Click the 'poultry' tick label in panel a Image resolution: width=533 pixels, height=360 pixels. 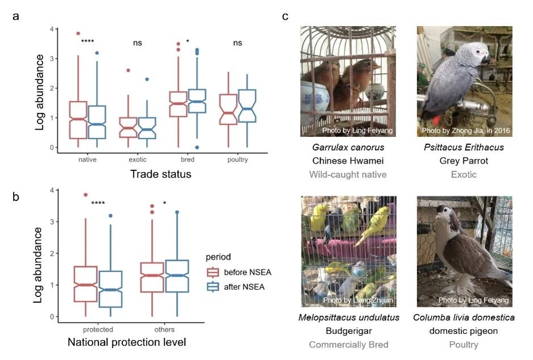(237, 160)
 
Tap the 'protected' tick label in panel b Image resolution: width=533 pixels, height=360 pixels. (97, 329)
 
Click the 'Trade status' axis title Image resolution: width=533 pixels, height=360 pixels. (160, 174)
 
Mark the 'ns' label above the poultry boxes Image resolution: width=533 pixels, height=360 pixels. (237, 43)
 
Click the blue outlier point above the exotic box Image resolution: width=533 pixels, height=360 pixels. (147, 79)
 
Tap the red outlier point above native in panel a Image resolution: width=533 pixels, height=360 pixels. (78, 34)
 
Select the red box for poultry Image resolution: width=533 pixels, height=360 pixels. (228, 109)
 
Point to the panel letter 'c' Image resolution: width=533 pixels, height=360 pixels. (285, 16)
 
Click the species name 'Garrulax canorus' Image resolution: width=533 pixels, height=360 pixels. (348, 148)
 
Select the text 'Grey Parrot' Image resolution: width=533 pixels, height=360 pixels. (464, 161)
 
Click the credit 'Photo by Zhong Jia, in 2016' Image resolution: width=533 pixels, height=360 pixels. (465, 131)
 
